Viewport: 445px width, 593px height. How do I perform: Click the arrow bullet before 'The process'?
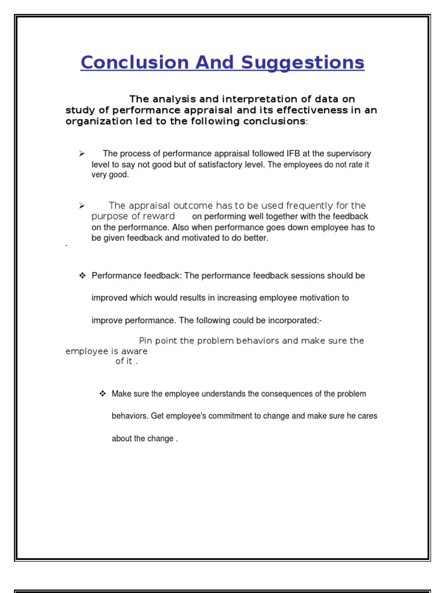tap(82, 153)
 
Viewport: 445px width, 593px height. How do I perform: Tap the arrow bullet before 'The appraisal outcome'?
tap(82, 206)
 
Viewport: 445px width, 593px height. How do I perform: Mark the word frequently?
tap(311, 206)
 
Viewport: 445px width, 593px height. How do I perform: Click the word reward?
tap(159, 216)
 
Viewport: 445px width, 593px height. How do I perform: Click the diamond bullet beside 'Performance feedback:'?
tap(82, 276)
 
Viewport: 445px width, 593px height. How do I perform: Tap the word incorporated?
tap(295, 320)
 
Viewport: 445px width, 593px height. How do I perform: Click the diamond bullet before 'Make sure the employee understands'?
tap(103, 394)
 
